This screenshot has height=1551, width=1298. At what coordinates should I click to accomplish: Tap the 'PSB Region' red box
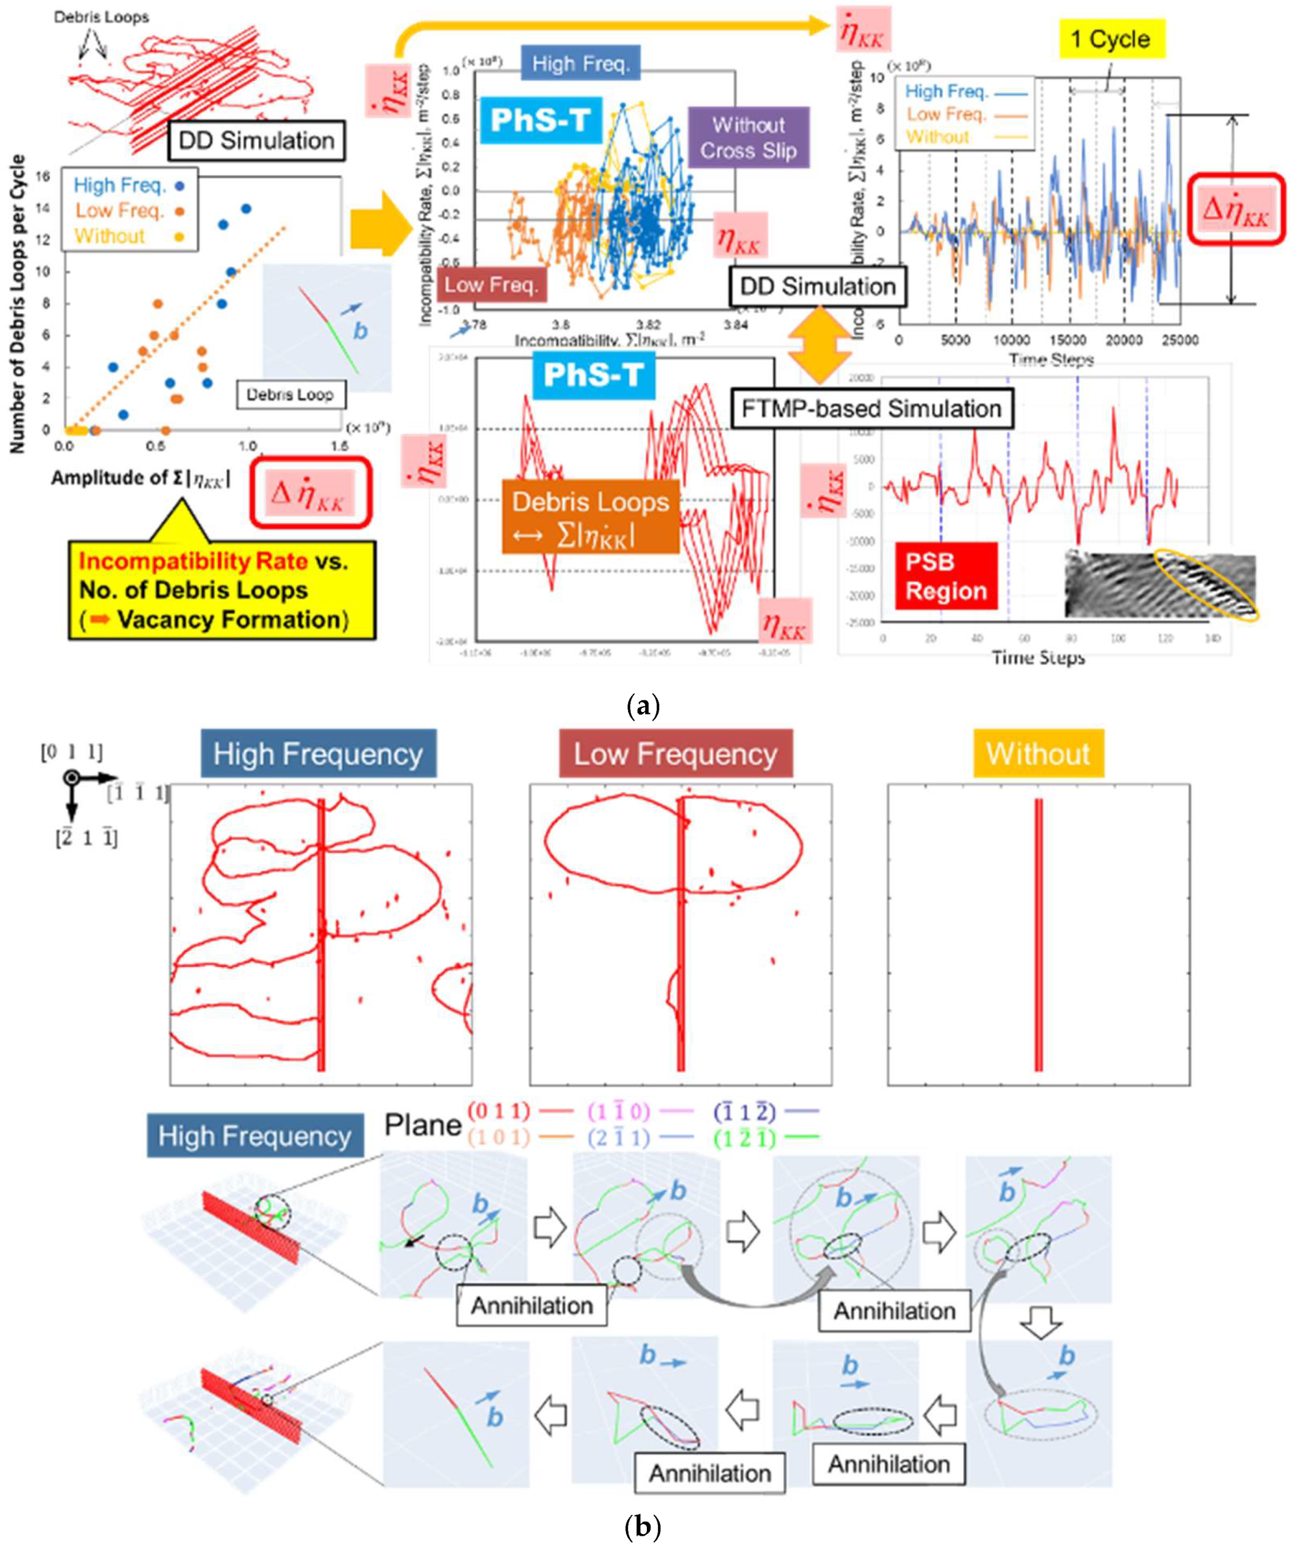946,576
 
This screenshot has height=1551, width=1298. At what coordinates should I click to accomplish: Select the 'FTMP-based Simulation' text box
871,408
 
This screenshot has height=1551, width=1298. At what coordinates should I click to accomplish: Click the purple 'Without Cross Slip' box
748,138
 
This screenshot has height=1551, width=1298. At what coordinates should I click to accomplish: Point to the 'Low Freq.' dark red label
492,284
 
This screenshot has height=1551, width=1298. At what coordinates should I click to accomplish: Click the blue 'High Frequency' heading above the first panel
318,754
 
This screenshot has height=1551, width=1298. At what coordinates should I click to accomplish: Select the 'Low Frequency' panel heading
675,754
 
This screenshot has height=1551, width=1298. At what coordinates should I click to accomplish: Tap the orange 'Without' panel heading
1037,754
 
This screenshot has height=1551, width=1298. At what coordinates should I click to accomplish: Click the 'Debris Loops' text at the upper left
101,17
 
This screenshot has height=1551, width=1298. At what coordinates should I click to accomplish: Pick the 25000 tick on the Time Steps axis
1180,340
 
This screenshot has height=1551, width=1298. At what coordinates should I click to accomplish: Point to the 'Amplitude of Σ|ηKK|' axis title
140,478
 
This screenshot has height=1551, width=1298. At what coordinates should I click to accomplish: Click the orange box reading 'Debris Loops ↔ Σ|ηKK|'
590,517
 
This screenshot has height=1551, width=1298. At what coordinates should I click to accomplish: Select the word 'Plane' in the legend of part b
422,1125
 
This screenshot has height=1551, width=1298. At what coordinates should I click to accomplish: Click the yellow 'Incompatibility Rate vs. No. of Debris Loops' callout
222,590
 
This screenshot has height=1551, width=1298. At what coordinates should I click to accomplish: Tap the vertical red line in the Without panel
1038,934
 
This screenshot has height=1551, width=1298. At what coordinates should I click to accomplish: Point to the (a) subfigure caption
642,707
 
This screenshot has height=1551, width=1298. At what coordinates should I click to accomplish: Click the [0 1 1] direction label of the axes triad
71,752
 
